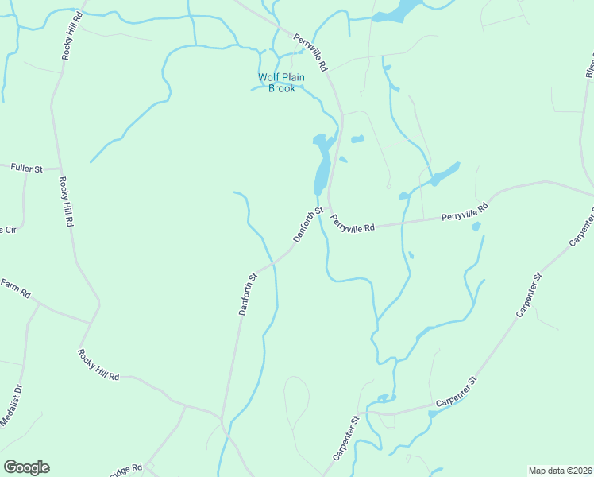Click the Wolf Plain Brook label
(x=276, y=83)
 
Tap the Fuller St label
(x=25, y=168)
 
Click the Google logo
(x=26, y=467)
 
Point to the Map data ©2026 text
(x=560, y=471)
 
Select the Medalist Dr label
(x=10, y=405)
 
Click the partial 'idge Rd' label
(x=126, y=471)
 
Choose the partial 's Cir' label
(x=8, y=229)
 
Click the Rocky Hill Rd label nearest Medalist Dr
(x=98, y=364)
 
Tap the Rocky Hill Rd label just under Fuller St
(x=65, y=202)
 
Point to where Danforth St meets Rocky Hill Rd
(x=222, y=417)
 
